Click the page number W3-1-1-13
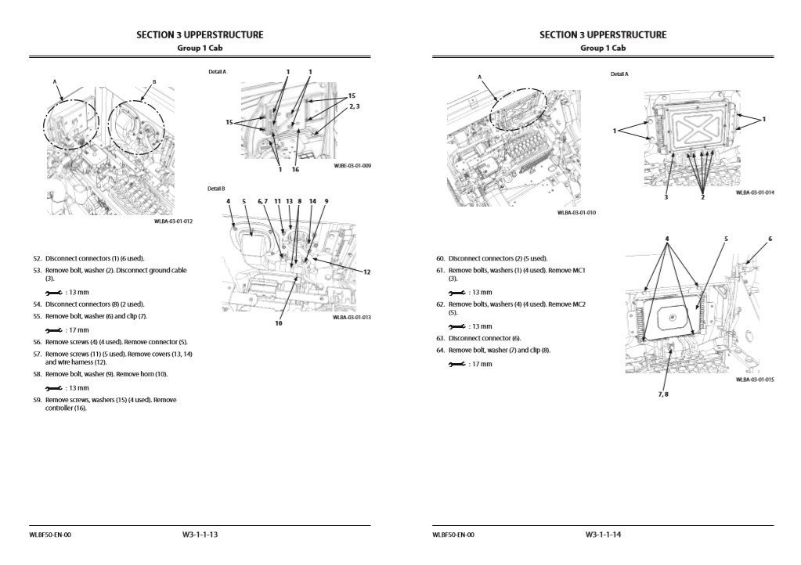200,534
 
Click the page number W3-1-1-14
603,534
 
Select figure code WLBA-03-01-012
173,221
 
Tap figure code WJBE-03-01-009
352,166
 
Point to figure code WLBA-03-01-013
352,317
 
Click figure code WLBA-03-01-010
576,212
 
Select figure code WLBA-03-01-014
755,193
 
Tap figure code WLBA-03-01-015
755,380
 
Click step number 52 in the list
37,257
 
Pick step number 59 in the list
37,400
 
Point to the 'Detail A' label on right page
619,74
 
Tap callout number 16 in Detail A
295,168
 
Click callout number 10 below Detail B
278,323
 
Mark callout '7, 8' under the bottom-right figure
662,394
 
